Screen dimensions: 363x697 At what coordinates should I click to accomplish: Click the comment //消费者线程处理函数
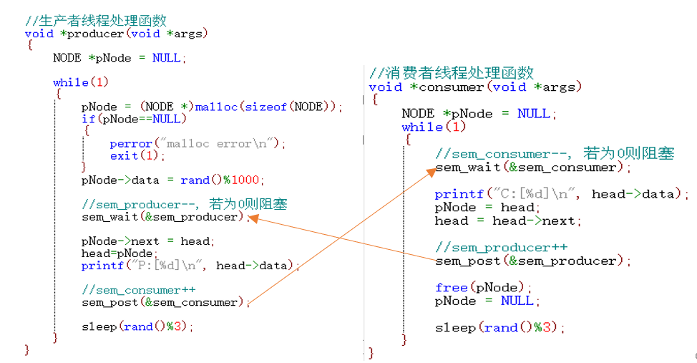click(452, 73)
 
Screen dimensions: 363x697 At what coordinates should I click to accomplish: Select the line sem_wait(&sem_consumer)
click(530, 168)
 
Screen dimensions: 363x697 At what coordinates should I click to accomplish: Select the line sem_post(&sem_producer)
click(530, 261)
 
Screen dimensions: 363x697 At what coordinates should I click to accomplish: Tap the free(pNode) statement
click(481, 287)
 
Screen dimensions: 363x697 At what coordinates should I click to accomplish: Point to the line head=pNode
click(117, 253)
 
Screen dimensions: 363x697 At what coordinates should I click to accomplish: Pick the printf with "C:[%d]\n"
click(558, 194)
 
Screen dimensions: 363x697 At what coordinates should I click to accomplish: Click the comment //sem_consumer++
click(139, 290)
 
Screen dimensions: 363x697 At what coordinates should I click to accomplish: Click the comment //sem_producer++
click(502, 248)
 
